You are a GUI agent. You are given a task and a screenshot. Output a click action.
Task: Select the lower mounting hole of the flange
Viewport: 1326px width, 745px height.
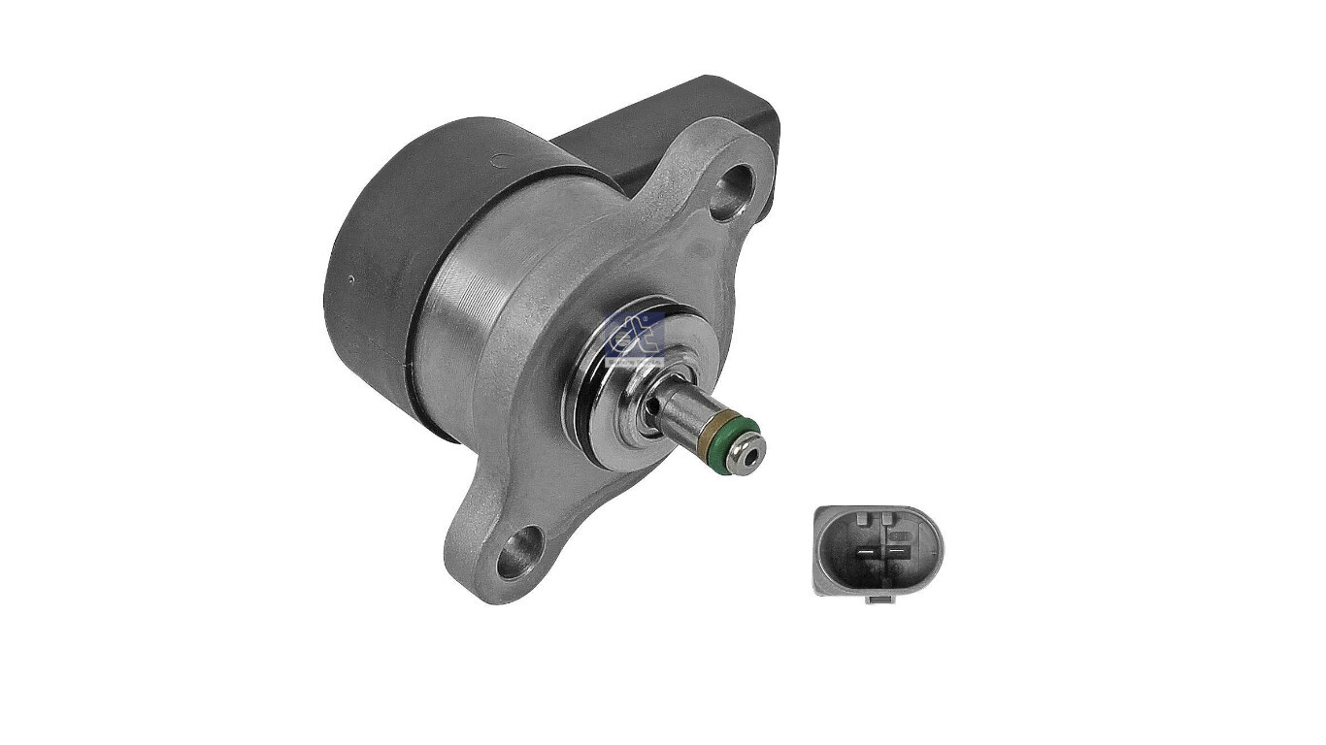tap(519, 551)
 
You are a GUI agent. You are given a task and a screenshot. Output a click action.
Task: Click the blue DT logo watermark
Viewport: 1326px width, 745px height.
tap(633, 337)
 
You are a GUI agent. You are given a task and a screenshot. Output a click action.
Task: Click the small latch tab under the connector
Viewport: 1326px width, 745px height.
tap(878, 599)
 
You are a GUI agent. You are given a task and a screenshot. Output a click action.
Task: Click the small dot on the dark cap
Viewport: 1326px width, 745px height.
tap(350, 279)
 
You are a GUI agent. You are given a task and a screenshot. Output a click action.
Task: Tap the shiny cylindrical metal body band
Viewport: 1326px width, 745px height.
tap(466, 310)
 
